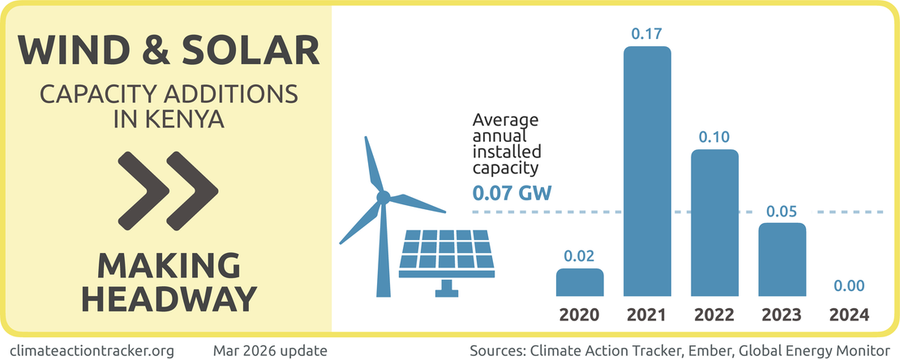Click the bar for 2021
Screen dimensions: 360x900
coord(647,172)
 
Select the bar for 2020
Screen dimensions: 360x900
coord(580,282)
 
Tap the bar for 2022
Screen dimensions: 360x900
coord(714,223)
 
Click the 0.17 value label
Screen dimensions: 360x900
coord(647,34)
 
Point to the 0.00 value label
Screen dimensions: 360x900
coord(849,286)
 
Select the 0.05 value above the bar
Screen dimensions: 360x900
coord(782,212)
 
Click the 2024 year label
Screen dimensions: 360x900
coord(849,315)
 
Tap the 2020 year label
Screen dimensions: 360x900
coord(580,315)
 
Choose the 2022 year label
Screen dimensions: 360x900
coord(714,315)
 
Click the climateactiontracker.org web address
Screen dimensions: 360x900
coord(94,350)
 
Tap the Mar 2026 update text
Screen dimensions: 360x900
coord(270,350)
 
